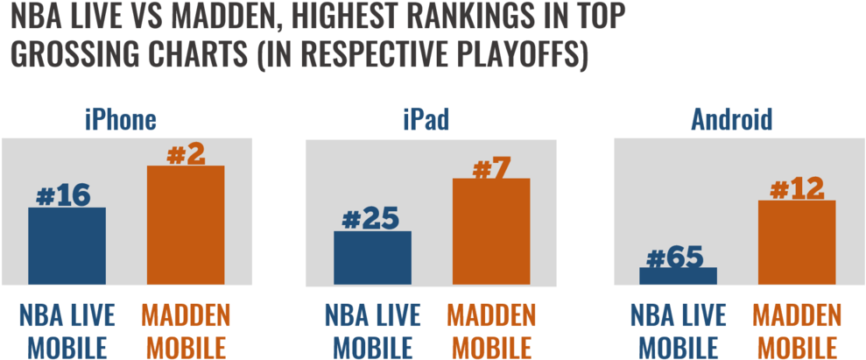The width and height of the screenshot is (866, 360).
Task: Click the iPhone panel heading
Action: (x=120, y=121)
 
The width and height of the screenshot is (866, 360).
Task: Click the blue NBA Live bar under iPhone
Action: (x=67, y=246)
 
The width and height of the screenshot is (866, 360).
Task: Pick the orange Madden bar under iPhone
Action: (x=186, y=225)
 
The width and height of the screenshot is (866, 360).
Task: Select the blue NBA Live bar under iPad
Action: (x=373, y=258)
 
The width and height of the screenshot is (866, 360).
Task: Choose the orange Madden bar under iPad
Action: (x=491, y=231)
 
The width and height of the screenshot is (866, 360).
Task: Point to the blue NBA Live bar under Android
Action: (x=679, y=276)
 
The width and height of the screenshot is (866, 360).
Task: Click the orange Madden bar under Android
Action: (x=797, y=243)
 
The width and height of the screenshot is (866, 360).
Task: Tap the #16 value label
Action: (x=63, y=197)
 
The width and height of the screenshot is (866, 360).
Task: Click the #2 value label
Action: (x=187, y=155)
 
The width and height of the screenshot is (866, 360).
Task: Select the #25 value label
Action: (x=370, y=221)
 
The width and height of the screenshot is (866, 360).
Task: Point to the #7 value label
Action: (x=491, y=168)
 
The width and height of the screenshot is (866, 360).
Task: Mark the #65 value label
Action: (x=675, y=258)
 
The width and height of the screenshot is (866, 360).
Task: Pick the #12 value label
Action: (x=797, y=190)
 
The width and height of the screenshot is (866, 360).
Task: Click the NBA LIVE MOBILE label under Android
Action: (x=679, y=331)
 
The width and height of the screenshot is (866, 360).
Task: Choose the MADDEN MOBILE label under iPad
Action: (x=491, y=331)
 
